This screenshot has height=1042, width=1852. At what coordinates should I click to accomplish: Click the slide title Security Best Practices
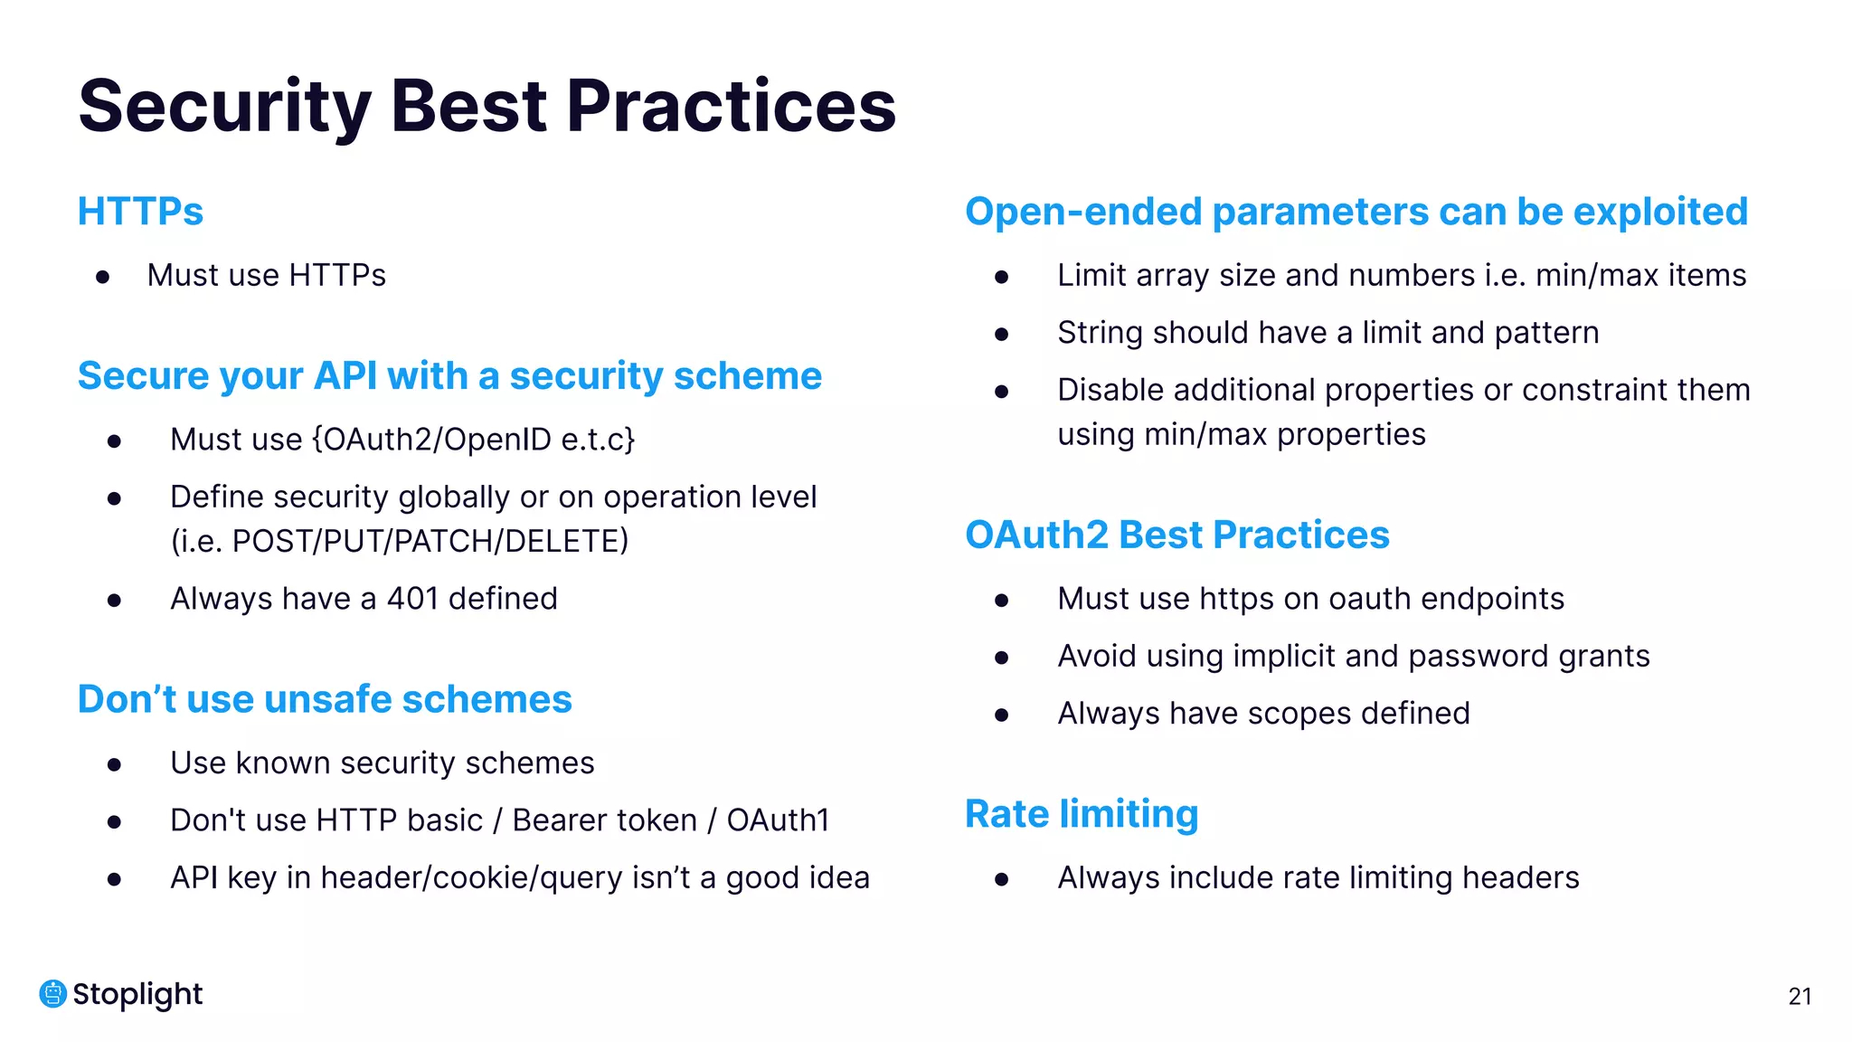coord(487,107)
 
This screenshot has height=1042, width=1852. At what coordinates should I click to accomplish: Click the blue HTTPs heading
coord(140,212)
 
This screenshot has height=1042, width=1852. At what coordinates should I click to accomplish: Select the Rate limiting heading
coord(1081,814)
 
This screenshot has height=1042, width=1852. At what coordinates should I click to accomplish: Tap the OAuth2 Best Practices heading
coord(1176,535)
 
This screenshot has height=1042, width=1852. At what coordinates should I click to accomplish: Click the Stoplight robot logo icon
coord(52,994)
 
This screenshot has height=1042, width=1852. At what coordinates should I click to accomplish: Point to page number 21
coord(1800,997)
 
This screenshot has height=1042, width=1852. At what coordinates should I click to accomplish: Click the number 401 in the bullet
coord(412,599)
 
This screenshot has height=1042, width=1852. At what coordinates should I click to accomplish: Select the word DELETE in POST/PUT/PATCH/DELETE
coord(564,542)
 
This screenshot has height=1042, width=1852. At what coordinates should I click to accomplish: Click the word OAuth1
coord(778,820)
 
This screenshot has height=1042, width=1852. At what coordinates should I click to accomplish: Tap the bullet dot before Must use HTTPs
coord(103,277)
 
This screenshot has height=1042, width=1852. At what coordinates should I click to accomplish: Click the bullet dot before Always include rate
coord(1001,879)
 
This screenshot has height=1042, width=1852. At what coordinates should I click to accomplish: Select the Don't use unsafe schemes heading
coord(325,700)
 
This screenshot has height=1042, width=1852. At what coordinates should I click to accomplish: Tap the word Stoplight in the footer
coord(137,994)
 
